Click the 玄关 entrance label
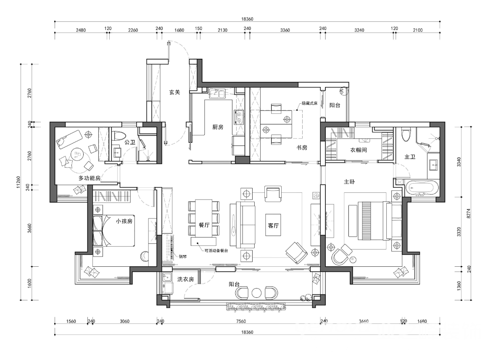pos(174,92)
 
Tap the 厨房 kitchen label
pos(218,127)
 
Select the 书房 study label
pos(302,147)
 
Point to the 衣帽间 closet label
pos(359,150)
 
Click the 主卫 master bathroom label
pos(410,156)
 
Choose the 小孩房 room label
pos(124,221)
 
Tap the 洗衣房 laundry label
pos(185,279)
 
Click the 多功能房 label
pos(90,178)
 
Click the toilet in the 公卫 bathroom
pos(117,137)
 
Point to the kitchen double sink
pos(216,93)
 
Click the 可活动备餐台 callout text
pos(216,251)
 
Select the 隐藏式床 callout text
pos(309,103)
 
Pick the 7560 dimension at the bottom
pos(241,321)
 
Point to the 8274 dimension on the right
pos(469,214)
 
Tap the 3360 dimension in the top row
pos(285,30)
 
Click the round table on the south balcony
pos(256,293)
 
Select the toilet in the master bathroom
pos(406,134)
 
